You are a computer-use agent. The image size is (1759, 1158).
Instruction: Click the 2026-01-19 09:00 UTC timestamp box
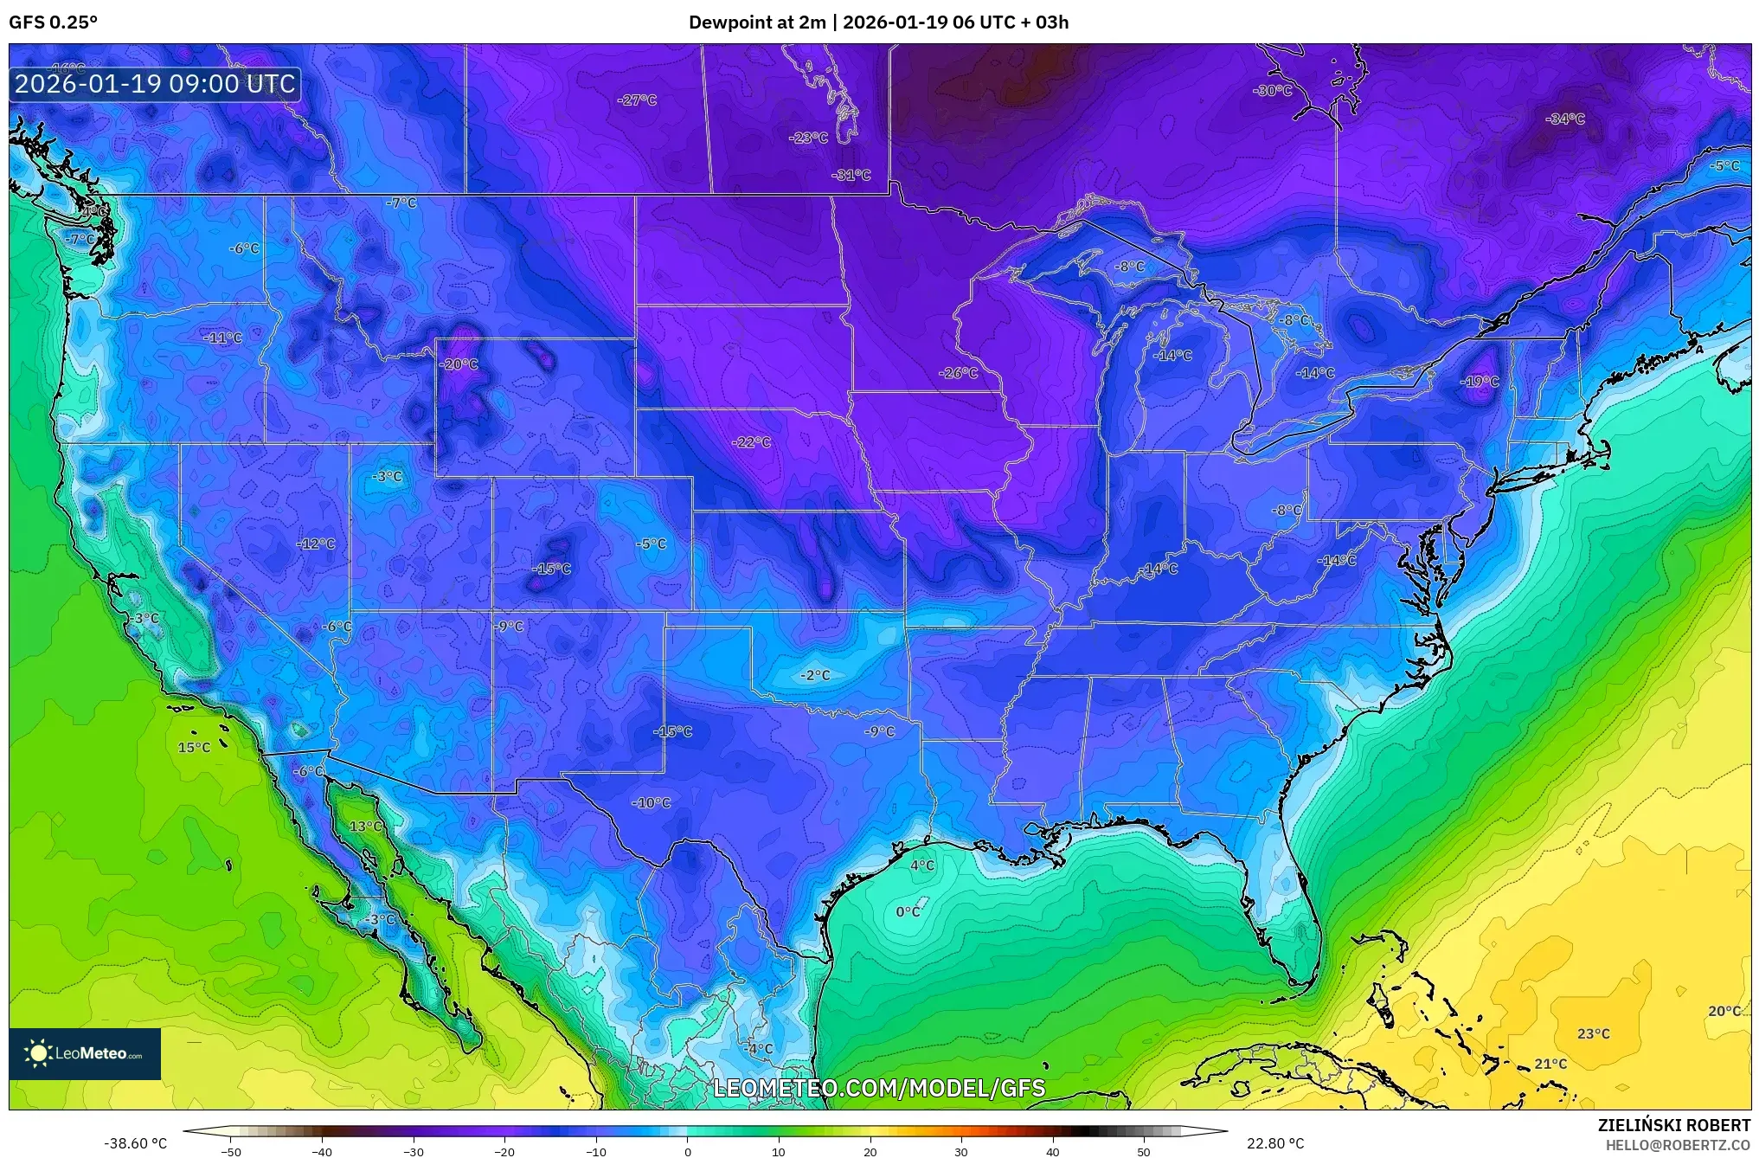pyautogui.click(x=155, y=84)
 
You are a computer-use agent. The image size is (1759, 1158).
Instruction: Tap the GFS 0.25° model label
pyautogui.click(x=53, y=23)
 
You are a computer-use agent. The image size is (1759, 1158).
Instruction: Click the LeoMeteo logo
pyautogui.click(x=85, y=1053)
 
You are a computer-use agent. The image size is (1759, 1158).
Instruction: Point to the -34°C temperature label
pyautogui.click(x=1564, y=119)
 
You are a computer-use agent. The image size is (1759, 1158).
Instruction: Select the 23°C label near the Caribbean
pyautogui.click(x=1593, y=1033)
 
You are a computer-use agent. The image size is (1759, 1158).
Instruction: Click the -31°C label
pyautogui.click(x=851, y=175)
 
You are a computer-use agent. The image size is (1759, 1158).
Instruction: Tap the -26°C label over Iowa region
pyautogui.click(x=958, y=373)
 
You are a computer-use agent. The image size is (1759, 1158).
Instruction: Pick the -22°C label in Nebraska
pyautogui.click(x=751, y=442)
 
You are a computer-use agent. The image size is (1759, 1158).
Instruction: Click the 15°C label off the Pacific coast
pyautogui.click(x=194, y=747)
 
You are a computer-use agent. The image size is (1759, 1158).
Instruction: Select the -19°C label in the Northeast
pyautogui.click(x=1480, y=382)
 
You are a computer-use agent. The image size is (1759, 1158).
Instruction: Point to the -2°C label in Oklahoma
pyautogui.click(x=814, y=675)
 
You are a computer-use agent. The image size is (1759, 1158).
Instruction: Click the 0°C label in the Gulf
pyautogui.click(x=908, y=911)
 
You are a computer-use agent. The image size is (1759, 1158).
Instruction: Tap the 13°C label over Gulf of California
pyautogui.click(x=365, y=827)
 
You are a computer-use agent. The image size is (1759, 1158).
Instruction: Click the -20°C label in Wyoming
pyautogui.click(x=459, y=364)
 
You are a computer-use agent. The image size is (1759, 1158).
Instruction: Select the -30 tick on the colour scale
pyautogui.click(x=414, y=1151)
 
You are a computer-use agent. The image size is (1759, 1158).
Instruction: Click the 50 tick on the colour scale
pyautogui.click(x=1144, y=1151)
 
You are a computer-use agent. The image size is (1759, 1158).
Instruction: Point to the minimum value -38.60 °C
pyautogui.click(x=135, y=1143)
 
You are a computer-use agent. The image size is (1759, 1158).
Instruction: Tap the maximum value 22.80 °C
pyautogui.click(x=1274, y=1143)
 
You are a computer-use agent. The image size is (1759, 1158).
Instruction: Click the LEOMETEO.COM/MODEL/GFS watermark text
pyautogui.click(x=879, y=1088)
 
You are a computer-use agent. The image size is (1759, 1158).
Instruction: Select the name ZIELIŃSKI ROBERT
pyautogui.click(x=1673, y=1125)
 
